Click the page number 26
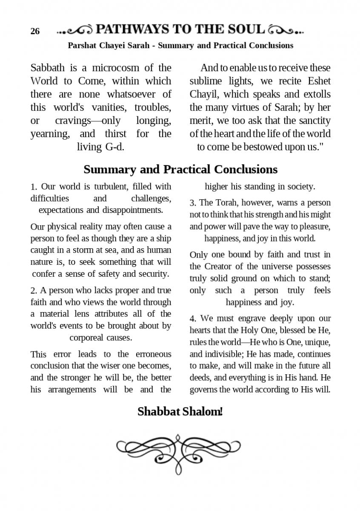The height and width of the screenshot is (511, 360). (35, 32)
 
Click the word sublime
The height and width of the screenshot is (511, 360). (206, 81)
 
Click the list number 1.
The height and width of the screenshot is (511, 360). (34, 187)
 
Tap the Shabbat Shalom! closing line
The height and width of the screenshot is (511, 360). (180, 412)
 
